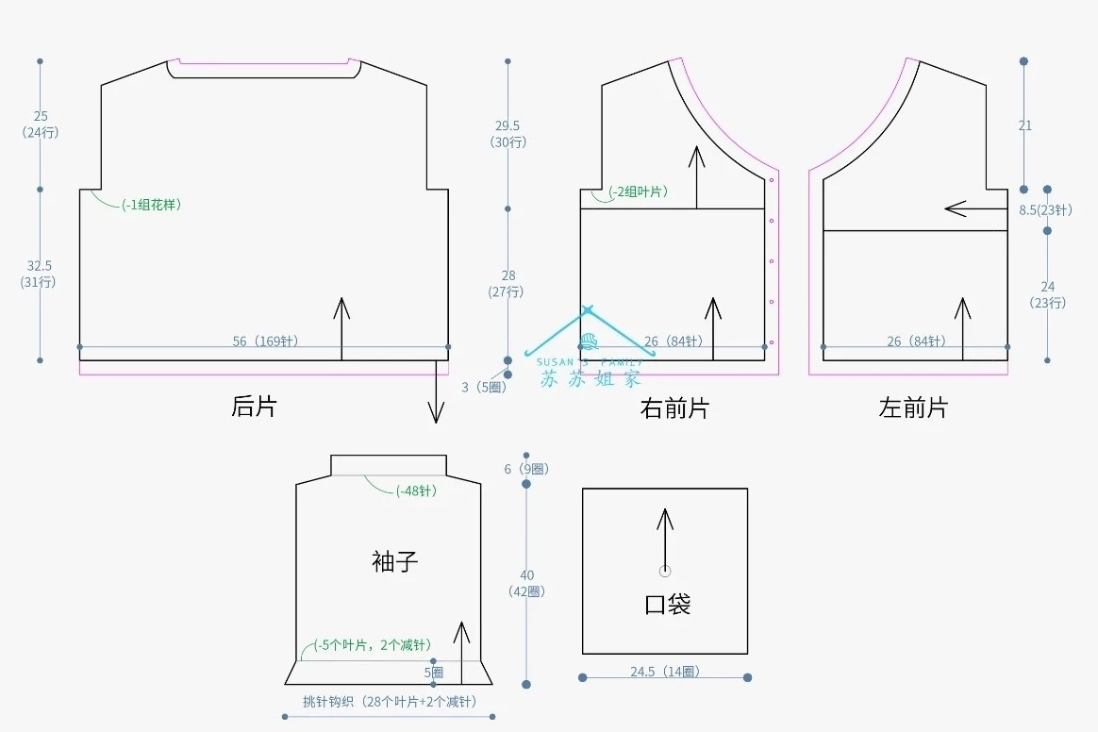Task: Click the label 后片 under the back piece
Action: (255, 407)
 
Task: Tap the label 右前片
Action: (674, 408)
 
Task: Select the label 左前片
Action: (913, 408)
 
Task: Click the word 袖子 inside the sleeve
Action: (395, 562)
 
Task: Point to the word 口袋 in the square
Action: (668, 604)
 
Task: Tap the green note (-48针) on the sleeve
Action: (416, 491)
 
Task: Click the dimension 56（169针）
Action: (265, 341)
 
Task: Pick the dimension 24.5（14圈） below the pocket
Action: (665, 672)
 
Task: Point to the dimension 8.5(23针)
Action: (1045, 210)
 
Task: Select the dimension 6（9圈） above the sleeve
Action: (526, 469)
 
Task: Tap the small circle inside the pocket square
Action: (665, 571)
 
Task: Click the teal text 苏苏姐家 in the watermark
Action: (591, 378)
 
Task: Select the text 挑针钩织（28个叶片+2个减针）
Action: (390, 702)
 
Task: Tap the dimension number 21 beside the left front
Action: (1025, 125)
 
